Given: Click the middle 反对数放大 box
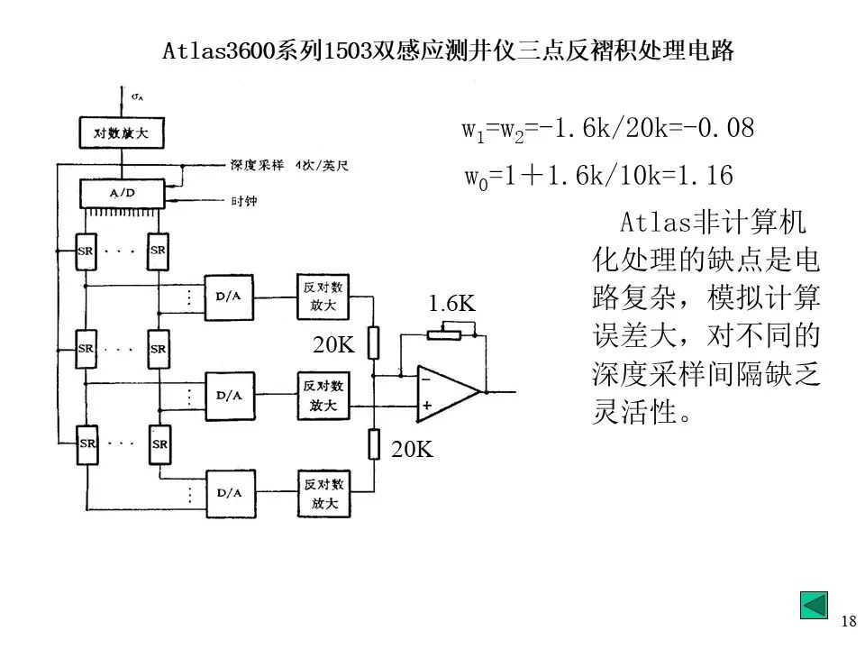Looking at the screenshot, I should pyautogui.click(x=324, y=395).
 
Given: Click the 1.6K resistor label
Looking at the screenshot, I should pyautogui.click(x=452, y=304).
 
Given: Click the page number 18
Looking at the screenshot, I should pyautogui.click(x=848, y=621).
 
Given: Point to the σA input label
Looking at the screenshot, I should pyautogui.click(x=138, y=95).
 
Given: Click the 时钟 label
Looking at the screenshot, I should pyautogui.click(x=243, y=201).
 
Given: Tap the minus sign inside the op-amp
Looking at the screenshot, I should pyautogui.click(x=426, y=380).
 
